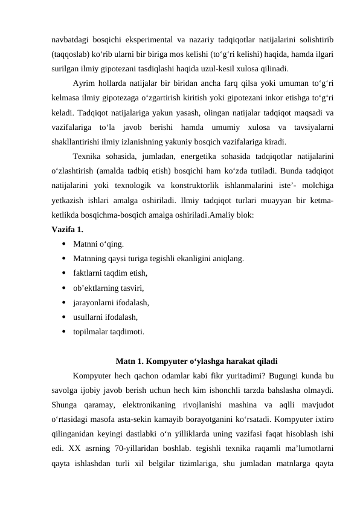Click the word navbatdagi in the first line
tap(69, 40)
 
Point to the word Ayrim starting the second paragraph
tap(85, 83)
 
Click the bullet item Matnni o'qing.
tap(99, 244)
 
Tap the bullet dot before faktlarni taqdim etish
tap(63, 274)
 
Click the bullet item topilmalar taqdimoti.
tap(109, 331)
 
